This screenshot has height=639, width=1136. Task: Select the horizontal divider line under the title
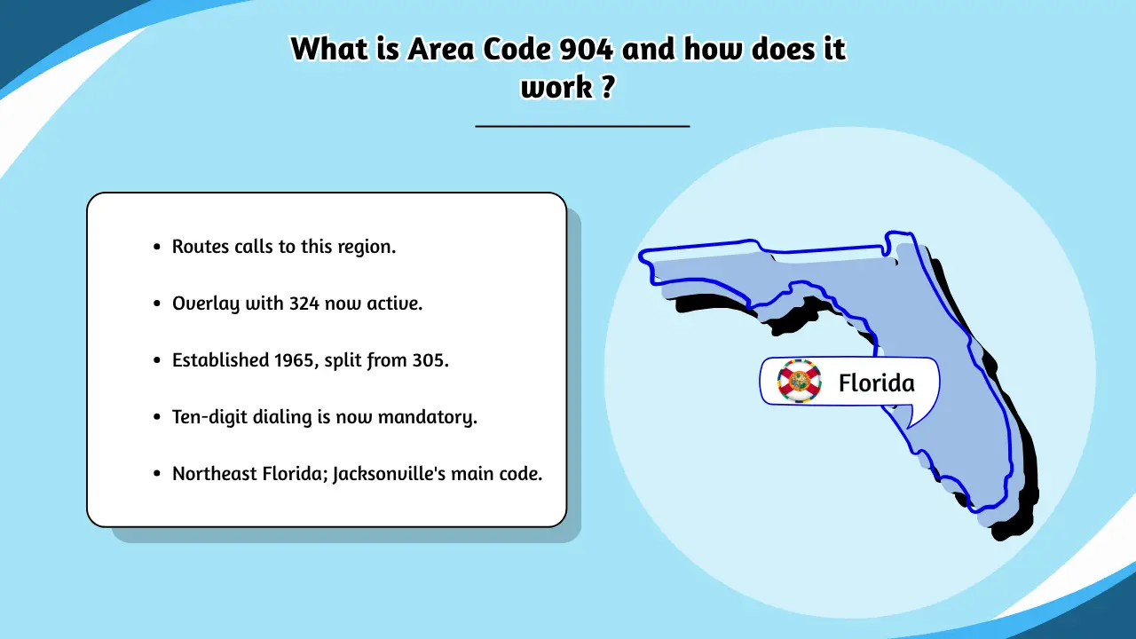582,126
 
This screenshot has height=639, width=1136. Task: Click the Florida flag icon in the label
800,382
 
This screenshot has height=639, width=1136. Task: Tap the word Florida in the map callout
876,383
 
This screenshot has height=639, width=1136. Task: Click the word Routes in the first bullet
201,247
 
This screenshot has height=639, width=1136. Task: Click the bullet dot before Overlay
157,304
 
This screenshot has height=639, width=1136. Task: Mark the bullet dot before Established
157,360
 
